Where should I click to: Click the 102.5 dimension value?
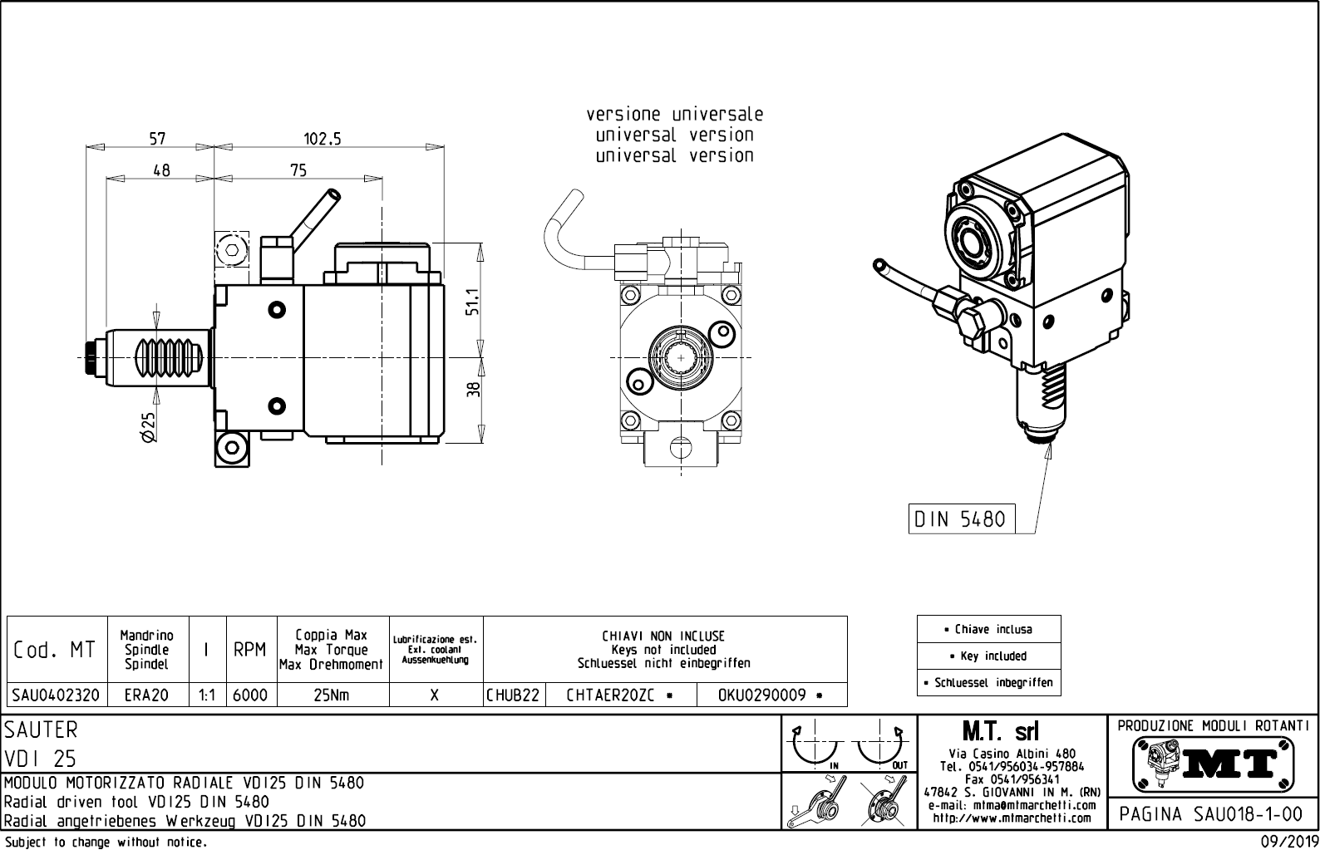click(323, 140)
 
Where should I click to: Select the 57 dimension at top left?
click(157, 139)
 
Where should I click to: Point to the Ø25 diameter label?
click(149, 425)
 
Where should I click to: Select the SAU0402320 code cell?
click(57, 695)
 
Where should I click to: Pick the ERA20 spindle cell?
click(146, 695)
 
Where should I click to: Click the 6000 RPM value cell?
click(249, 695)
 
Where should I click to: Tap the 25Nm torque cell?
click(332, 695)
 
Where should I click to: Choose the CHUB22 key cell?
click(514, 695)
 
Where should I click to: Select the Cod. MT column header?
click(55, 650)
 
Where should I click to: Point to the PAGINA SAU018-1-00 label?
click(1213, 813)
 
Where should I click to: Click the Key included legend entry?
click(988, 656)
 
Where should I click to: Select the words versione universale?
click(674, 114)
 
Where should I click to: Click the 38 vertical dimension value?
click(474, 390)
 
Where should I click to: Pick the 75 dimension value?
click(298, 170)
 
